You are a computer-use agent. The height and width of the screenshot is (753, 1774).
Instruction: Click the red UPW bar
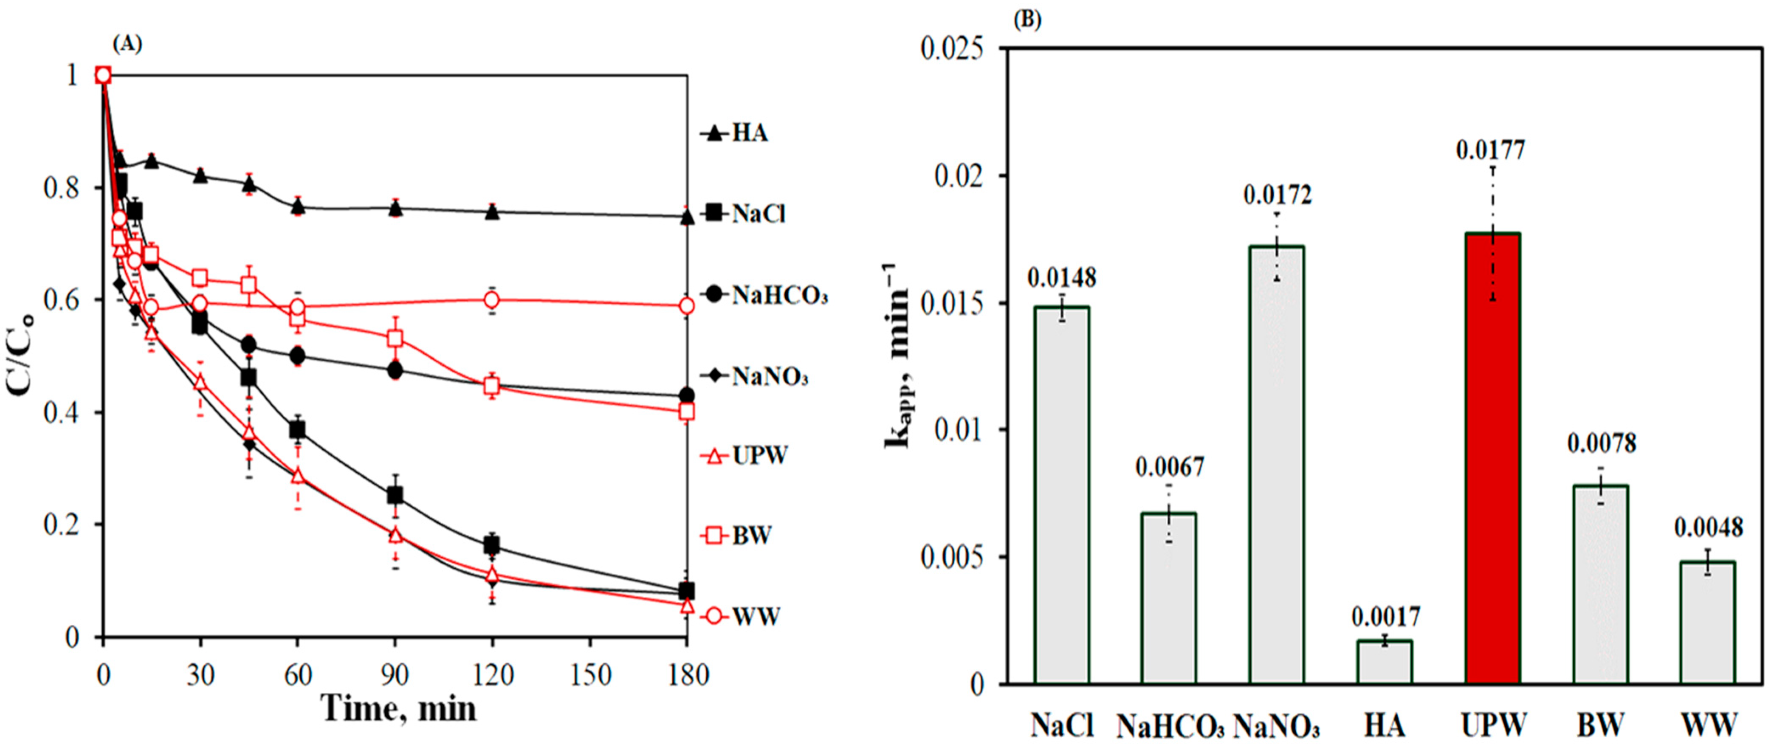point(1492,458)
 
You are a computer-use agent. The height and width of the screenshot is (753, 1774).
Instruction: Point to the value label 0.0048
point(1708,528)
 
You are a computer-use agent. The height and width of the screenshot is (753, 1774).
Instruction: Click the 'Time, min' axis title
point(398,709)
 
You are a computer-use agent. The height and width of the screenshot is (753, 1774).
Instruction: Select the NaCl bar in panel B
point(1062,495)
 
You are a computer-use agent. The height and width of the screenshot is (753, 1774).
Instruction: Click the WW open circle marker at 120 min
point(492,300)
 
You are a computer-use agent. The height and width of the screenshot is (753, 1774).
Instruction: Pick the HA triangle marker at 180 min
point(687,217)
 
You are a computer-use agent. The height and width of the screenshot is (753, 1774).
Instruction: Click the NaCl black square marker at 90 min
point(395,495)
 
